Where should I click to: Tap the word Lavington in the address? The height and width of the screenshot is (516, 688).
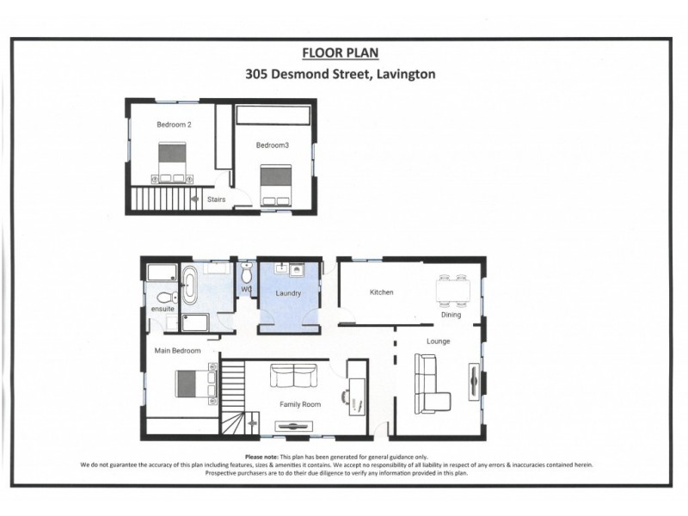tap(405, 74)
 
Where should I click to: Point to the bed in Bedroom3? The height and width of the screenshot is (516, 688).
tap(277, 185)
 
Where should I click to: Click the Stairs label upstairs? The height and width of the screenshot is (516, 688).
tap(217, 200)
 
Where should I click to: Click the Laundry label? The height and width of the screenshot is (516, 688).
tap(289, 293)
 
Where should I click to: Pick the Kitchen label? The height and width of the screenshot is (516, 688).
tap(381, 292)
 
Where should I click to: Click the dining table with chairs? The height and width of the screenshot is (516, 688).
tap(453, 290)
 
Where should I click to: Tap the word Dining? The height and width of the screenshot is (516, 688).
tap(451, 315)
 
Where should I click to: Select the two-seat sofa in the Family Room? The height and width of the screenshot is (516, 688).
tap(293, 376)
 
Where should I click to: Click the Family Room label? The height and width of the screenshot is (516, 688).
tap(299, 403)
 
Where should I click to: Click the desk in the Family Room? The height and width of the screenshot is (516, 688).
tap(356, 391)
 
